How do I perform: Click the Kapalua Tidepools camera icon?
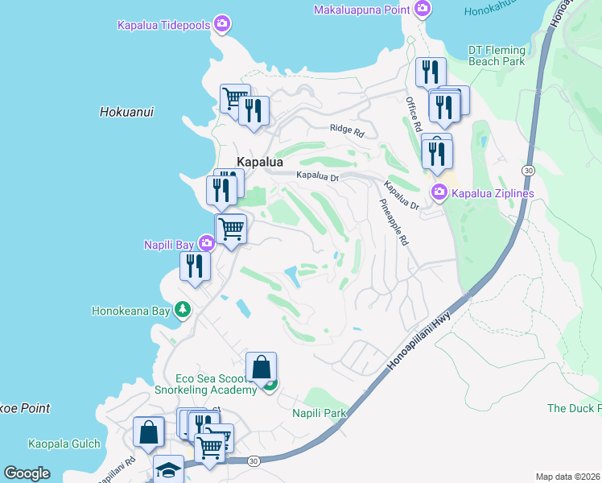[x=222, y=25]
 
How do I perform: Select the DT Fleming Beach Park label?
[x=497, y=56]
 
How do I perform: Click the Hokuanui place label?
[x=127, y=112]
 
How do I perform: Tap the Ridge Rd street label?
[x=347, y=129]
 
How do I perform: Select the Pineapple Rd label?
[x=394, y=223]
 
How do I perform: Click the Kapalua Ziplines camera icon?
[x=439, y=192]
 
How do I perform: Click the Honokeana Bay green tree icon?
[x=183, y=309]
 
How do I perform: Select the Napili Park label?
[x=318, y=413]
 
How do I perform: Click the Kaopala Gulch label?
[x=64, y=444]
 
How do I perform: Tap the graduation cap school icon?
[x=169, y=469]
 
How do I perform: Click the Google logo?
[x=27, y=473]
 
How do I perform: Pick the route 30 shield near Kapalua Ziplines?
[x=528, y=171]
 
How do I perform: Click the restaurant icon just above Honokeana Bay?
[x=195, y=264]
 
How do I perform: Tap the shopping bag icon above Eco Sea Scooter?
[x=262, y=367]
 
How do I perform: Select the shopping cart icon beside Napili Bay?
[x=231, y=228]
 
